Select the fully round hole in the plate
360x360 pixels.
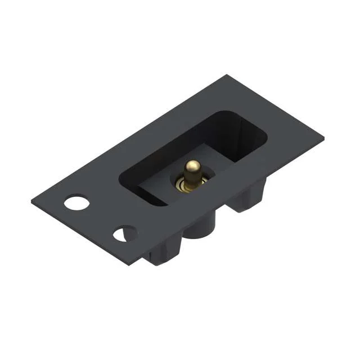(x=76, y=202)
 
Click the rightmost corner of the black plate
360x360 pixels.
(x=324, y=136)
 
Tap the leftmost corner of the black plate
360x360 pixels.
(x=31, y=200)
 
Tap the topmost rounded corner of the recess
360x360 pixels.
(x=225, y=112)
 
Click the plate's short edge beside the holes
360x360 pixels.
(x=79, y=233)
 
